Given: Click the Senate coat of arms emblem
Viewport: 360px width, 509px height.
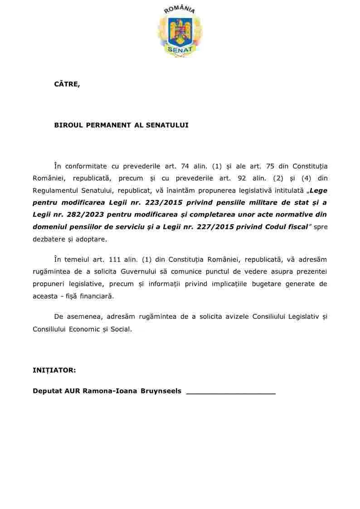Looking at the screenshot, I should [180, 30].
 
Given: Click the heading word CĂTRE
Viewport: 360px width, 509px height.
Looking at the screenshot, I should [67, 84].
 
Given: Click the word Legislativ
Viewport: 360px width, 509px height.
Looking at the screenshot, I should [303, 316].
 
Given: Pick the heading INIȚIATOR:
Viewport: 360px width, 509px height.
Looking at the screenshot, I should [54, 370].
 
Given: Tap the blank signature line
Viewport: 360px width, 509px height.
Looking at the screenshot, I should [231, 393].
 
